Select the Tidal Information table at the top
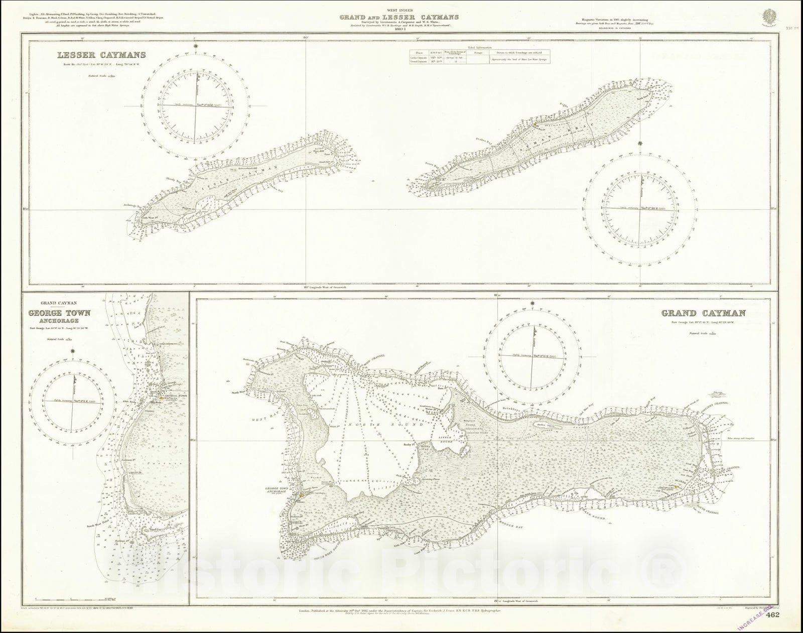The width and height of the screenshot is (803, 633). click(x=479, y=56)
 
